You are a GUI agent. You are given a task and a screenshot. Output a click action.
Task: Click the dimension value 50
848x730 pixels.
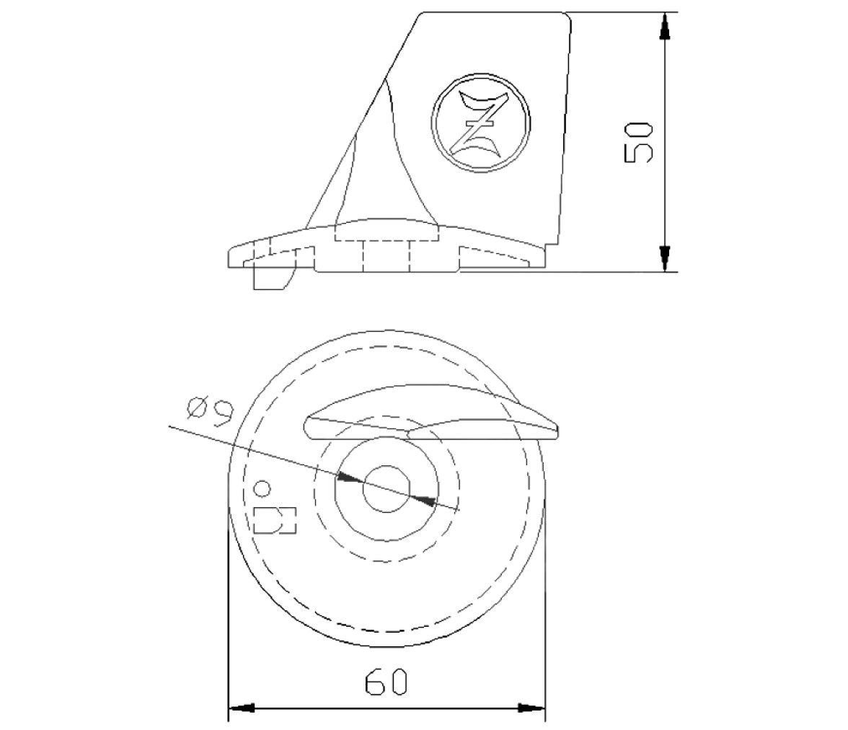[639, 142]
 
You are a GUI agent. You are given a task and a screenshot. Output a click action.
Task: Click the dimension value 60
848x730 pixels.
[387, 682]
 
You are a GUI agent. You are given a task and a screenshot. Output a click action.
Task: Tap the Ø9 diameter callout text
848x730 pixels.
[209, 413]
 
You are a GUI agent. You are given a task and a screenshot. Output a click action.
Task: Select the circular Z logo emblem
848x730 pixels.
[481, 123]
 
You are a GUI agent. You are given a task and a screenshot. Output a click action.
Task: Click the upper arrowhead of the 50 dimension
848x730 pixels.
[665, 25]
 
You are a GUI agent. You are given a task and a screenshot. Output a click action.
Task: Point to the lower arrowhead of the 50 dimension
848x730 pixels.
[665, 258]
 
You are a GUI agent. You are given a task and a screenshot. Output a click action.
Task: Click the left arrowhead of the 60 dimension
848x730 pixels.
[241, 707]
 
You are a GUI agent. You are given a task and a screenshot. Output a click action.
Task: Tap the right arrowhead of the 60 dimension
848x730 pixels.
[532, 707]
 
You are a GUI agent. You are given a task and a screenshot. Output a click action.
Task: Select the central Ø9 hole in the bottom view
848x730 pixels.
[387, 488]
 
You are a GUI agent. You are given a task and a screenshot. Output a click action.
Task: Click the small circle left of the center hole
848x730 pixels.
[262, 488]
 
